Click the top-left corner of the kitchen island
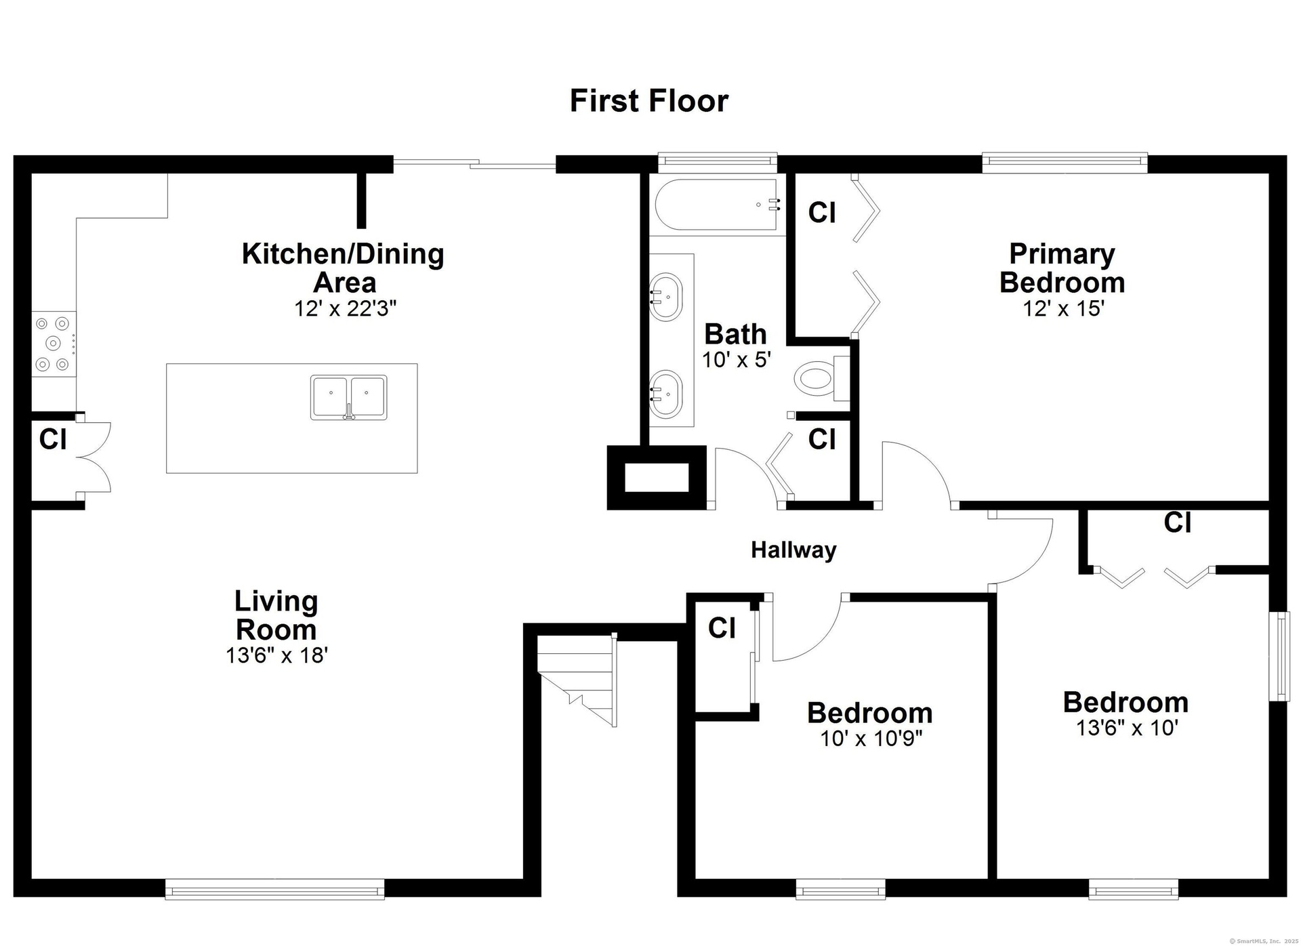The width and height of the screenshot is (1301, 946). click(167, 364)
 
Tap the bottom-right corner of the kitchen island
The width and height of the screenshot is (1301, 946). click(417, 473)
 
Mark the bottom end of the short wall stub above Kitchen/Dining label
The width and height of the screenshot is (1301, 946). click(362, 228)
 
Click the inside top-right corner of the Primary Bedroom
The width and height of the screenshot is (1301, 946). click(1268, 173)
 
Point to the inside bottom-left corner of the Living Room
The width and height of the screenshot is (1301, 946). click(32, 878)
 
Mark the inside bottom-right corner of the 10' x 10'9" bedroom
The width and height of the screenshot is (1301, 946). click(988, 878)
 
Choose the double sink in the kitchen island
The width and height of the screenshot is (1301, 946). click(349, 397)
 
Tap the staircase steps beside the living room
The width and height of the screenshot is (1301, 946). click(577, 680)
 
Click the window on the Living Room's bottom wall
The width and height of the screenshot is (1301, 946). click(275, 888)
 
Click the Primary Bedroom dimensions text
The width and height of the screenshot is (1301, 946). click(1064, 309)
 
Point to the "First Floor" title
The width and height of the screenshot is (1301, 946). click(649, 101)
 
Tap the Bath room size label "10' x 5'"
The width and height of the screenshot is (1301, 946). click(737, 360)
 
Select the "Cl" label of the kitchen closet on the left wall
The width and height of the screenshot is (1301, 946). click(53, 439)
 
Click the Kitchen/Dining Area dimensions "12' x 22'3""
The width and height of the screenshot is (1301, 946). click(345, 309)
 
